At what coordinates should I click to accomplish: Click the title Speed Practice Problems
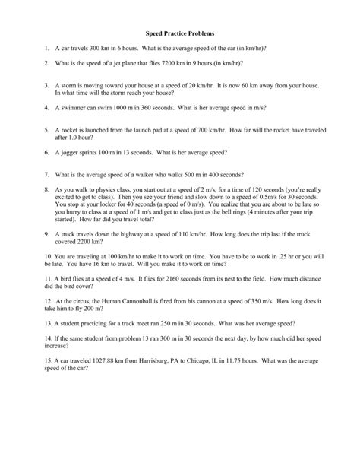point(179,34)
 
